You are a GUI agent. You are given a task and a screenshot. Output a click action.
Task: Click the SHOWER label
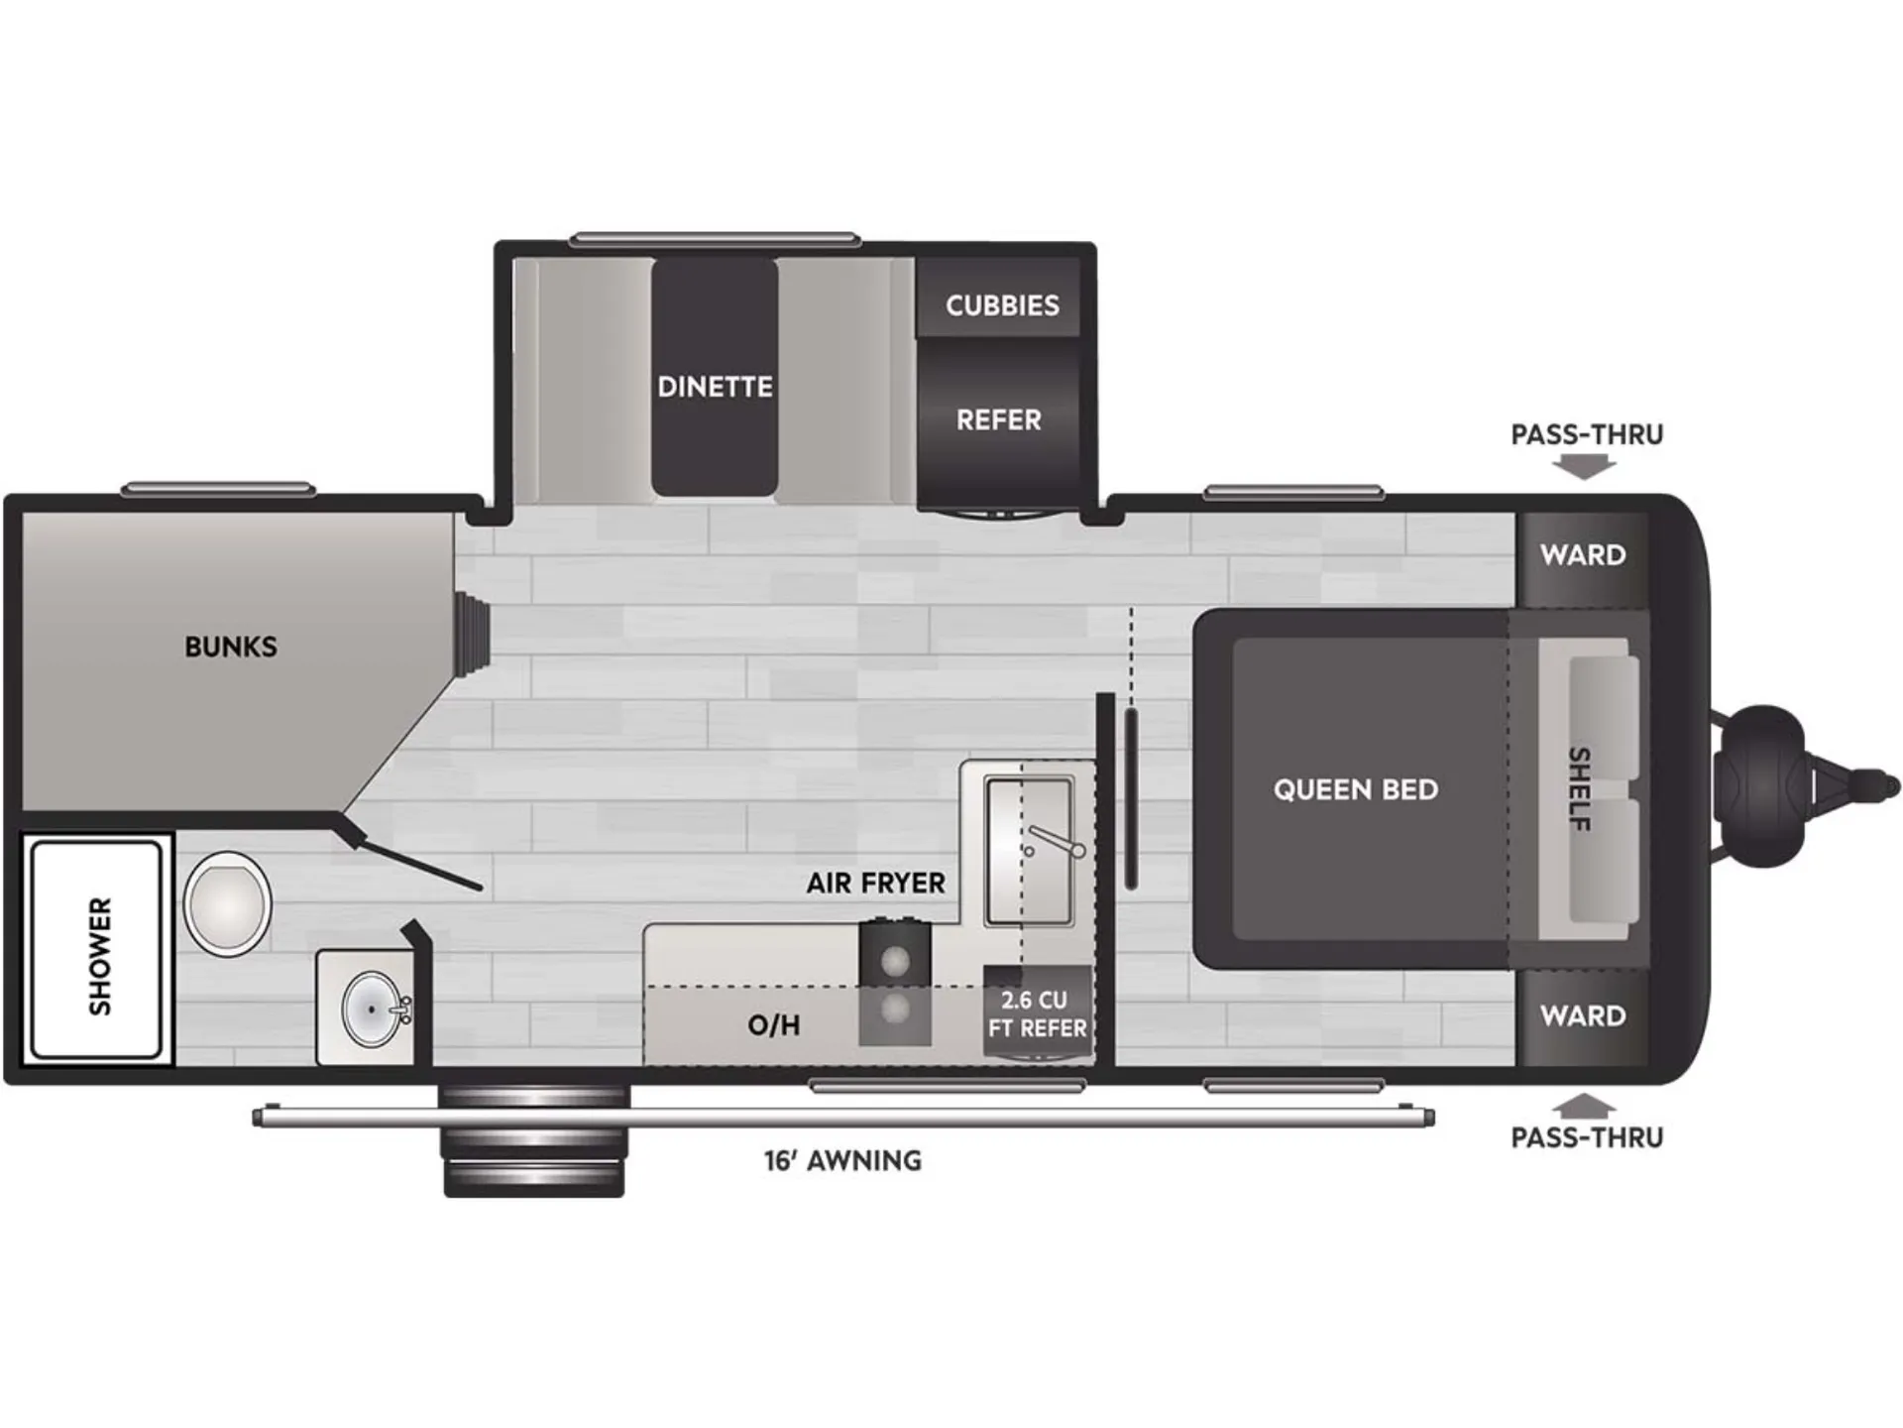pos(100,956)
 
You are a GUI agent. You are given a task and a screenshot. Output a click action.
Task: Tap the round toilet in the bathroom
pos(227,903)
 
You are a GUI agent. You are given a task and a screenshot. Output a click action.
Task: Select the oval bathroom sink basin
pos(372,1009)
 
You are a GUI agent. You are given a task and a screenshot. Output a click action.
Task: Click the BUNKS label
pos(231,647)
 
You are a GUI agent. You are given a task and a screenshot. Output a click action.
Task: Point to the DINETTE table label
pos(715,386)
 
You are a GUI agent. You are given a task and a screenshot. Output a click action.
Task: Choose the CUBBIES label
pos(1002,305)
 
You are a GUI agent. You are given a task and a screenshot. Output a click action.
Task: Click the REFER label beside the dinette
pos(998,420)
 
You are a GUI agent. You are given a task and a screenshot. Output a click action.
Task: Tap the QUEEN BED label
pos(1355,789)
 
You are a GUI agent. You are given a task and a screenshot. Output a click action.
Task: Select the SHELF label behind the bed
pos(1579,789)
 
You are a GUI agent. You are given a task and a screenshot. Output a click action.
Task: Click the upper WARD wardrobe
pos(1583,559)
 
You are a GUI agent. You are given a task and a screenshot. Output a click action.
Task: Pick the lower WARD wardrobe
pos(1583,1016)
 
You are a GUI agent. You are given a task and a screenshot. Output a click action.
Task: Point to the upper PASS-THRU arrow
pos(1584,466)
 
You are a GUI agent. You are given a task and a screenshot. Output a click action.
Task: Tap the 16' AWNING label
pos(842,1160)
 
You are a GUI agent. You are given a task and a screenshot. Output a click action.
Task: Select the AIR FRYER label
pos(875,883)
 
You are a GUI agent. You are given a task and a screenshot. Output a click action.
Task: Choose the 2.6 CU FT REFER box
pos(1038,1013)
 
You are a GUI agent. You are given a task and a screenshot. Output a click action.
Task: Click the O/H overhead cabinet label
pos(774,1025)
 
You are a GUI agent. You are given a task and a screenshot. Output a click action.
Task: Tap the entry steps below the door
pos(534,1140)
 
